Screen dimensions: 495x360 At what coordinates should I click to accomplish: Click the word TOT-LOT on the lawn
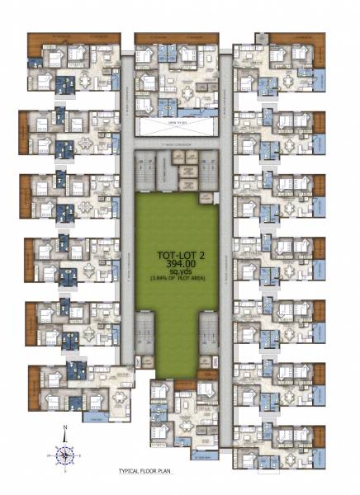[159, 256]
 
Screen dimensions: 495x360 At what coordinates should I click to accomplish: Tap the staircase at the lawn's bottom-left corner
[144, 330]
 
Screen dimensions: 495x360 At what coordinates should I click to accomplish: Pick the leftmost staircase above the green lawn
[144, 169]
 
